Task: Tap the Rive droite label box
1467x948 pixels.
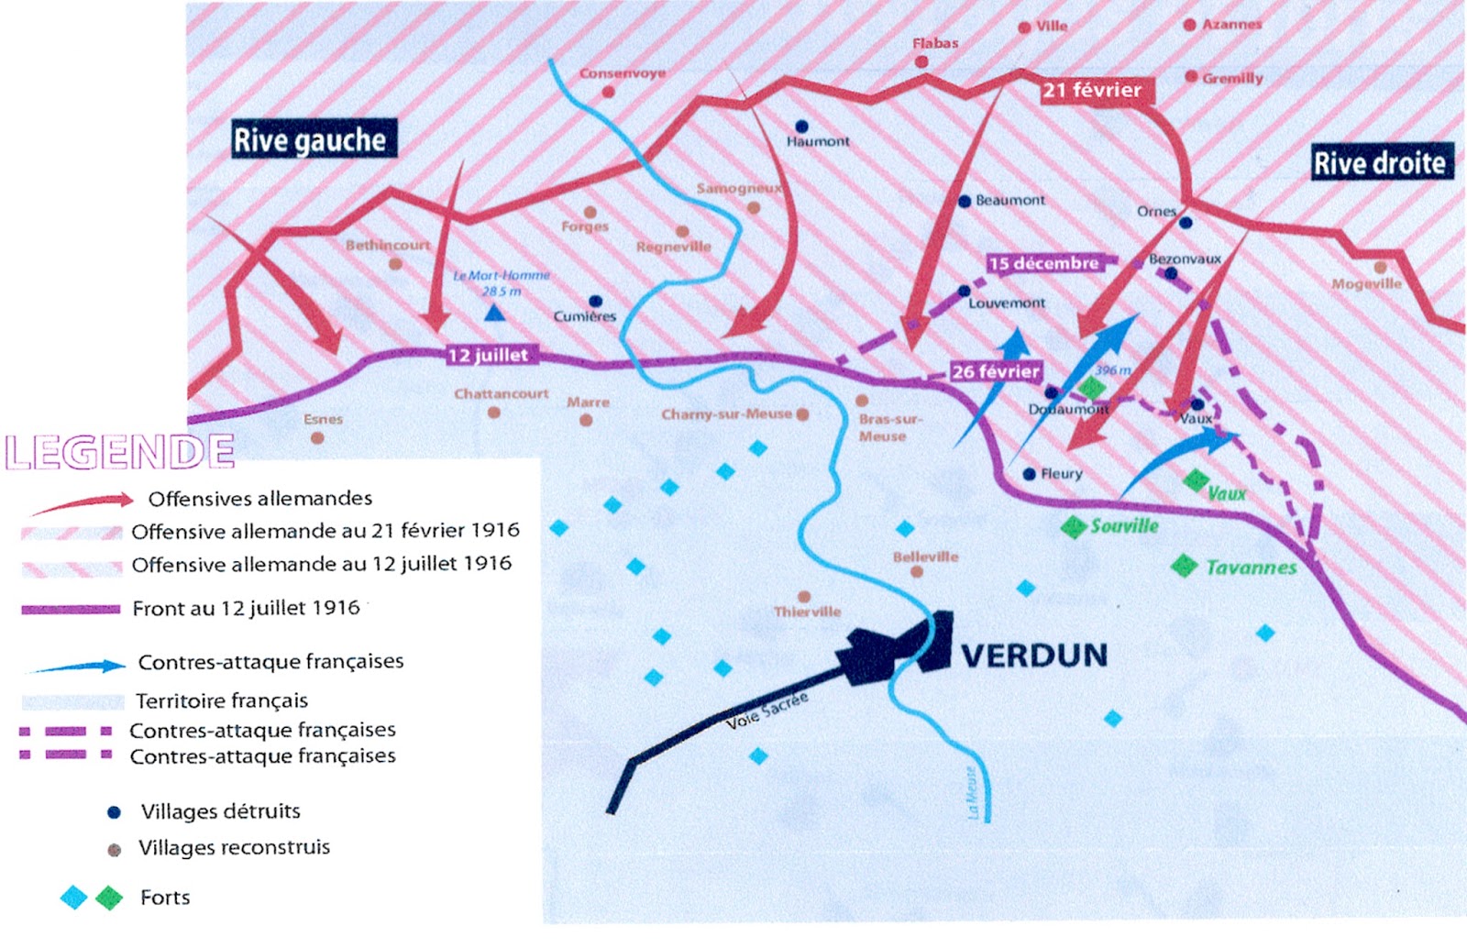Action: click(x=1381, y=162)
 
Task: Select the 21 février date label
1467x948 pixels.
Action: click(x=1092, y=90)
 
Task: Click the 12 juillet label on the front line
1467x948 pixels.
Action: click(x=488, y=355)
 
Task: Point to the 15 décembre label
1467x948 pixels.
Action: click(x=1043, y=263)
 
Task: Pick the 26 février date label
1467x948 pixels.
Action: click(x=995, y=371)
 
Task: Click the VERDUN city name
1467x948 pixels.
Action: click(x=1034, y=656)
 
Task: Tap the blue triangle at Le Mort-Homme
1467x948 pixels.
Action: click(x=494, y=314)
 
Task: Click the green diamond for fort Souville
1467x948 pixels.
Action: click(x=1073, y=527)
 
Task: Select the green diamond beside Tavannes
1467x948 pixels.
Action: click(x=1184, y=566)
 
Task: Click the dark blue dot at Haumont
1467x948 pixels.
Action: click(x=801, y=127)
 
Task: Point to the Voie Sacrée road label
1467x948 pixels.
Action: click(x=767, y=711)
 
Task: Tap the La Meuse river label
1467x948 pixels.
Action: click(x=974, y=793)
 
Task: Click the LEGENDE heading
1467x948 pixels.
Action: click(x=119, y=452)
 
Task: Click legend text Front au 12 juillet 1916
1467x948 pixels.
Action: click(x=246, y=608)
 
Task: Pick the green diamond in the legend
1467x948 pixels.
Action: click(x=109, y=898)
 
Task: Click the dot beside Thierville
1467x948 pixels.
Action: click(x=804, y=597)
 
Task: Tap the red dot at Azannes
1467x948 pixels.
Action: click(x=1189, y=25)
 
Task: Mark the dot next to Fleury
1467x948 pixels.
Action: click(x=1029, y=474)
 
